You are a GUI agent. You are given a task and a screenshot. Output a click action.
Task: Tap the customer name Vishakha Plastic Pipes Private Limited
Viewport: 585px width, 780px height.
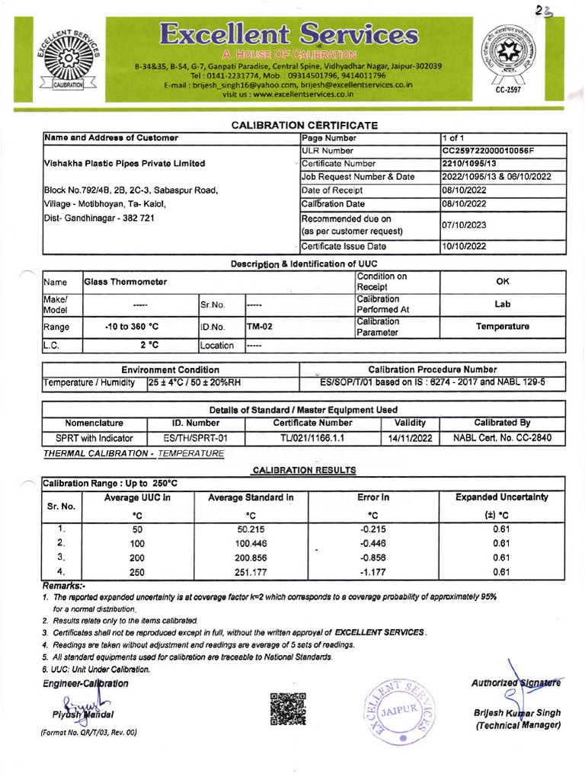[x=125, y=164]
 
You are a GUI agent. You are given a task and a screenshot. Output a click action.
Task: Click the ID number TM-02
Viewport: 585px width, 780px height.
[x=259, y=326]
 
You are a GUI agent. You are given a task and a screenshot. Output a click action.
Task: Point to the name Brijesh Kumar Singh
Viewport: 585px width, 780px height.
[x=516, y=713]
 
